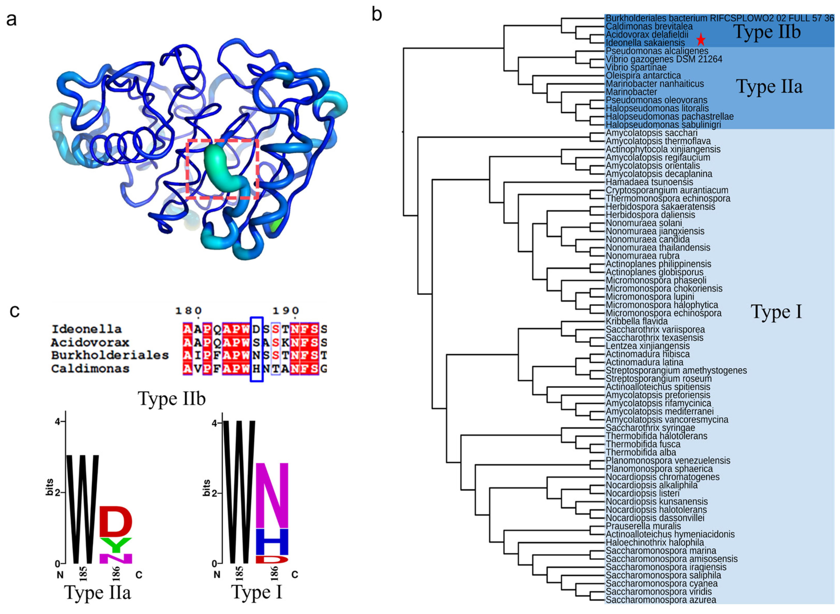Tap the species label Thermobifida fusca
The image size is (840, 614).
(x=643, y=444)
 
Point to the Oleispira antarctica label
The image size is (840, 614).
(x=643, y=75)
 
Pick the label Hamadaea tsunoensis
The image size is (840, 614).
(x=649, y=182)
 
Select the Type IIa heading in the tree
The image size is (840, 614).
(x=769, y=86)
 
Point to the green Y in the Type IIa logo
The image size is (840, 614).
(x=116, y=545)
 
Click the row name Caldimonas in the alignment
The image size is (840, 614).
(x=90, y=369)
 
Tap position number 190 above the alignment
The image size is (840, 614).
(x=285, y=310)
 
